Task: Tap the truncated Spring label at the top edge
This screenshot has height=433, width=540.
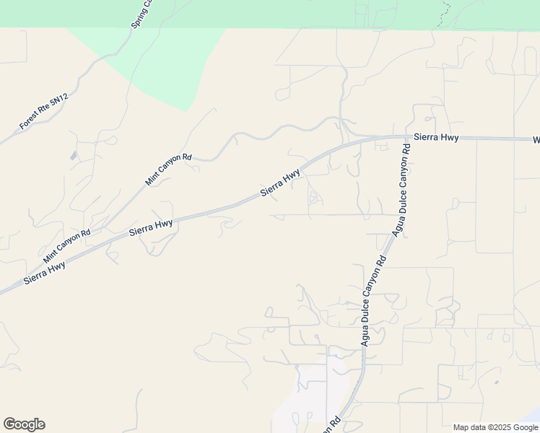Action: pyautogui.click(x=142, y=14)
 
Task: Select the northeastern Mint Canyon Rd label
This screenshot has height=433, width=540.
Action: pyautogui.click(x=168, y=169)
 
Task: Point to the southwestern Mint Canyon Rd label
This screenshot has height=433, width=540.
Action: pyautogui.click(x=66, y=246)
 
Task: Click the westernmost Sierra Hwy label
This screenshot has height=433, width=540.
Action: pyautogui.click(x=45, y=271)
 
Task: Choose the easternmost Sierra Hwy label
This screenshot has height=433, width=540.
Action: pyautogui.click(x=436, y=136)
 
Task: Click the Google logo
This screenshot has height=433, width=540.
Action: pyautogui.click(x=24, y=424)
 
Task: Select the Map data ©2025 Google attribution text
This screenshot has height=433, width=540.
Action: pyautogui.click(x=495, y=427)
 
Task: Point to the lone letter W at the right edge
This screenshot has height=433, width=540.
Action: pyautogui.click(x=536, y=139)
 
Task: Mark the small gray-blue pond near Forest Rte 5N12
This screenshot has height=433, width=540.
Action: pyautogui.click(x=74, y=155)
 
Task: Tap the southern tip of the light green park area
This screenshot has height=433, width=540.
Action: pyautogui.click(x=188, y=110)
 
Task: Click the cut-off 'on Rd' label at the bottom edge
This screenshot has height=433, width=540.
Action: pyautogui.click(x=331, y=425)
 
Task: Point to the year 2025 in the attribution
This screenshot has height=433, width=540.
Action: pyautogui.click(x=499, y=427)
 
